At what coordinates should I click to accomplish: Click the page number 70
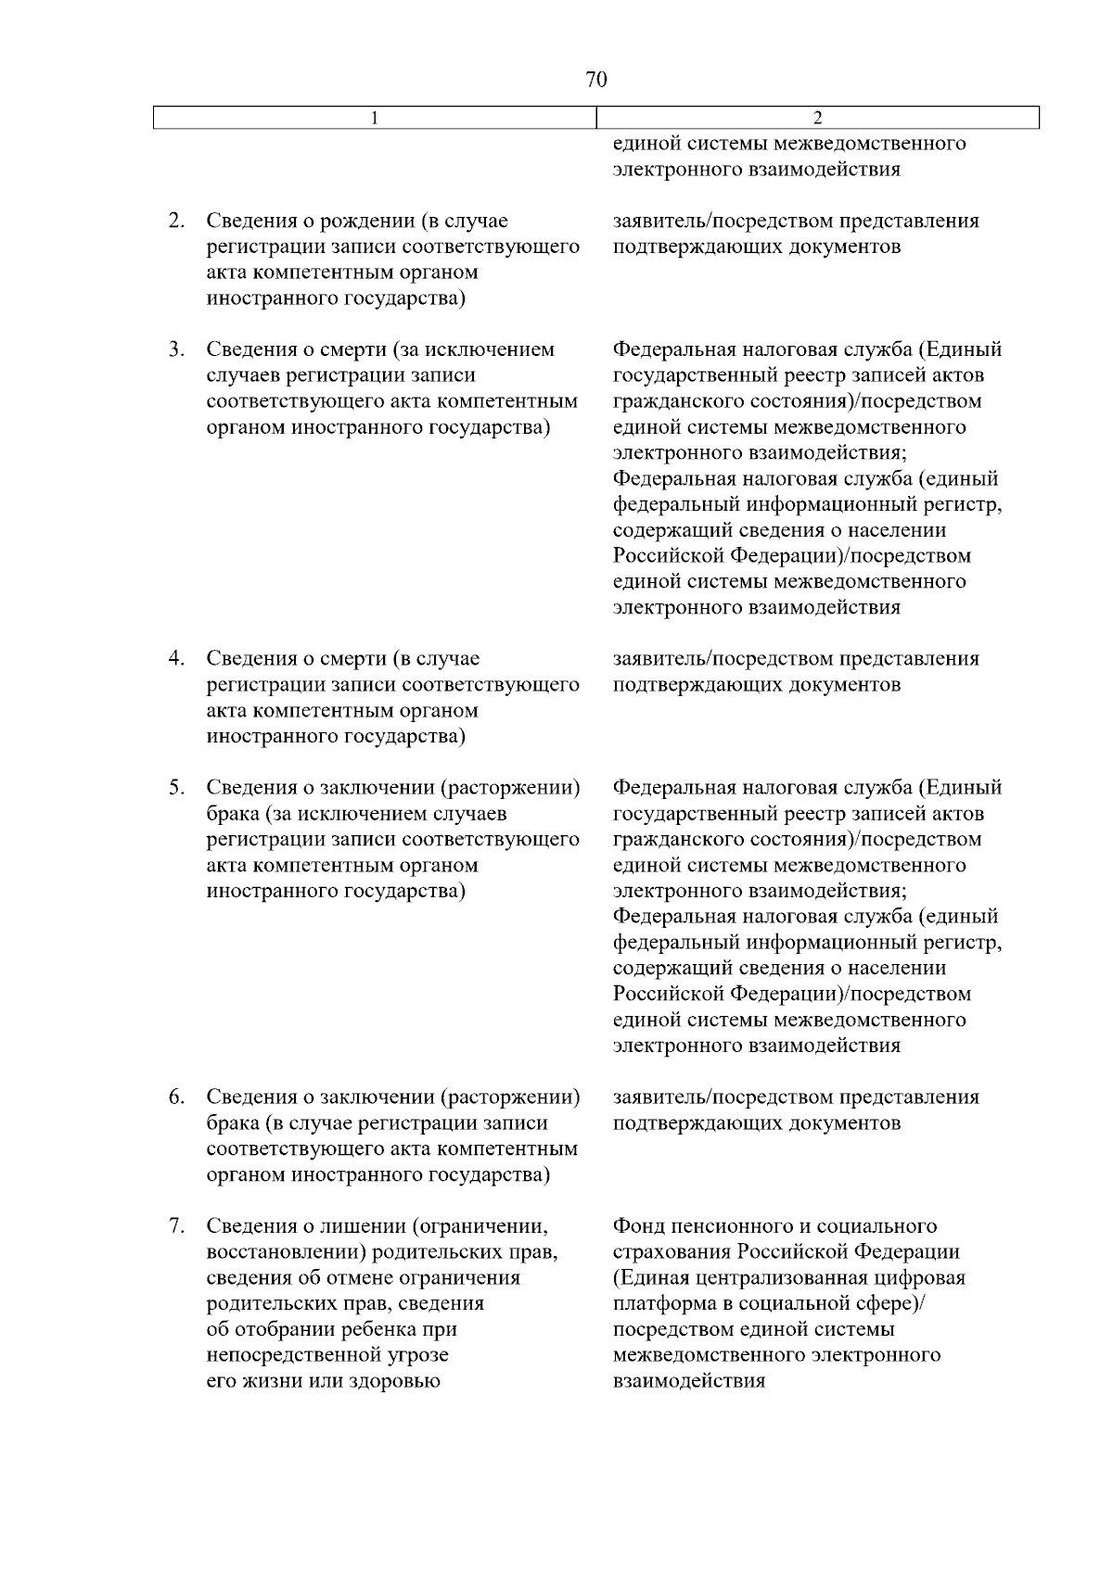click(x=596, y=80)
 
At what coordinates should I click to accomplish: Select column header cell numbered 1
click(x=374, y=118)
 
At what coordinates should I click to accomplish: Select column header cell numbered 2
click(x=817, y=118)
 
